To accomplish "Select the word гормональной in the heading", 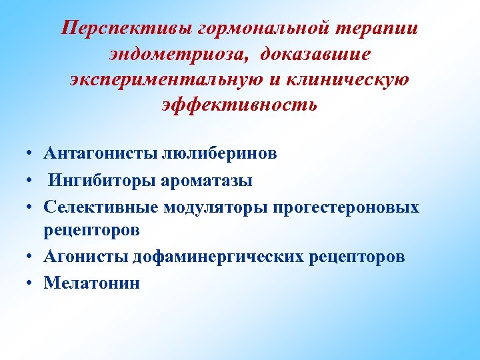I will (x=245, y=28).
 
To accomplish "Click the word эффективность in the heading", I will (x=240, y=104).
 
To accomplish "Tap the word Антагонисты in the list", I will (x=101, y=154).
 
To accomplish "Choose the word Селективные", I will (x=100, y=207).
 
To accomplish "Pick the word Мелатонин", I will (x=92, y=283).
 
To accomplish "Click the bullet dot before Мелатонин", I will (x=31, y=283).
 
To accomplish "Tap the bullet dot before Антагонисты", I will (x=31, y=154).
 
